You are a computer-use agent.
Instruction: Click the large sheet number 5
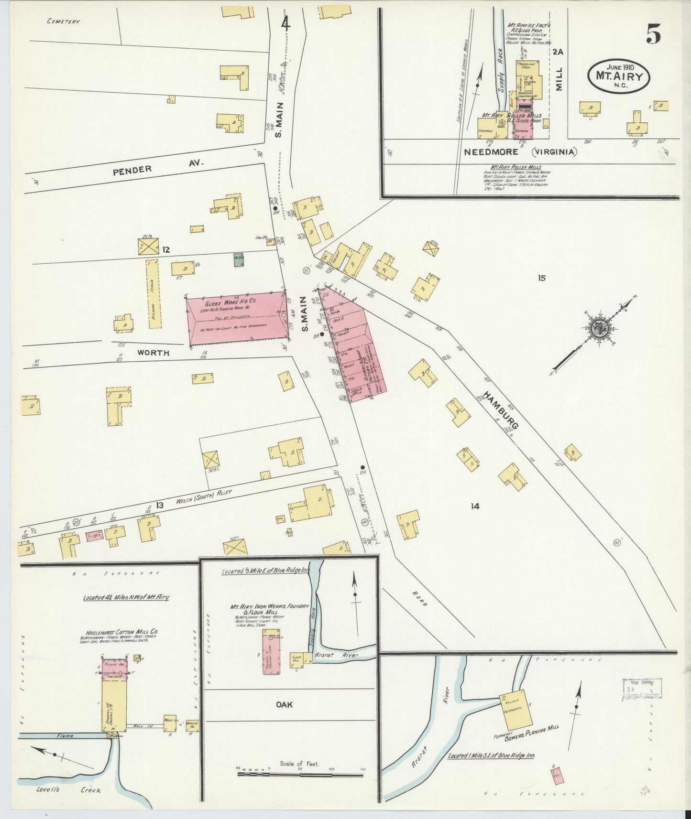click(x=654, y=33)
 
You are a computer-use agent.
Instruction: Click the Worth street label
click(x=154, y=353)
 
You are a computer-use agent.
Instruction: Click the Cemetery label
click(x=63, y=22)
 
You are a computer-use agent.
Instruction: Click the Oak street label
click(x=284, y=705)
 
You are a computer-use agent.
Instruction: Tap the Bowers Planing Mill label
click(x=532, y=734)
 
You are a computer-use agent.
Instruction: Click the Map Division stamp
click(x=641, y=689)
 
